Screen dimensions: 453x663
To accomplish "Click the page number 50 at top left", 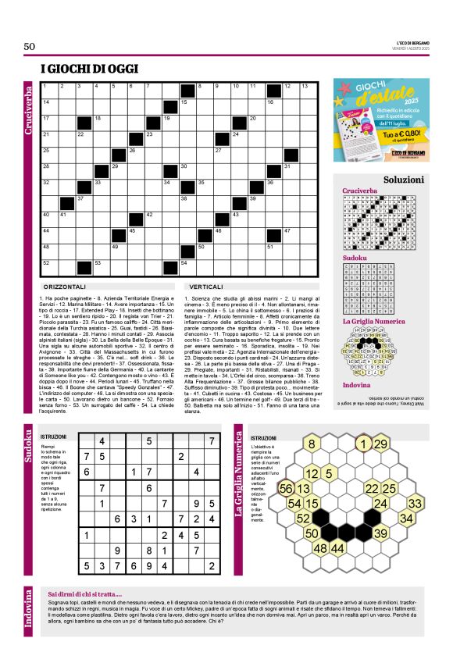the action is coord(30,47).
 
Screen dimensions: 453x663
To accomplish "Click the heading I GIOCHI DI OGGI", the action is coord(86,70).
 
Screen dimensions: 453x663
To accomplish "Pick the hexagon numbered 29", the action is coord(380,444).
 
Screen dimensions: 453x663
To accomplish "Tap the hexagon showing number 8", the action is coord(311,445).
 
